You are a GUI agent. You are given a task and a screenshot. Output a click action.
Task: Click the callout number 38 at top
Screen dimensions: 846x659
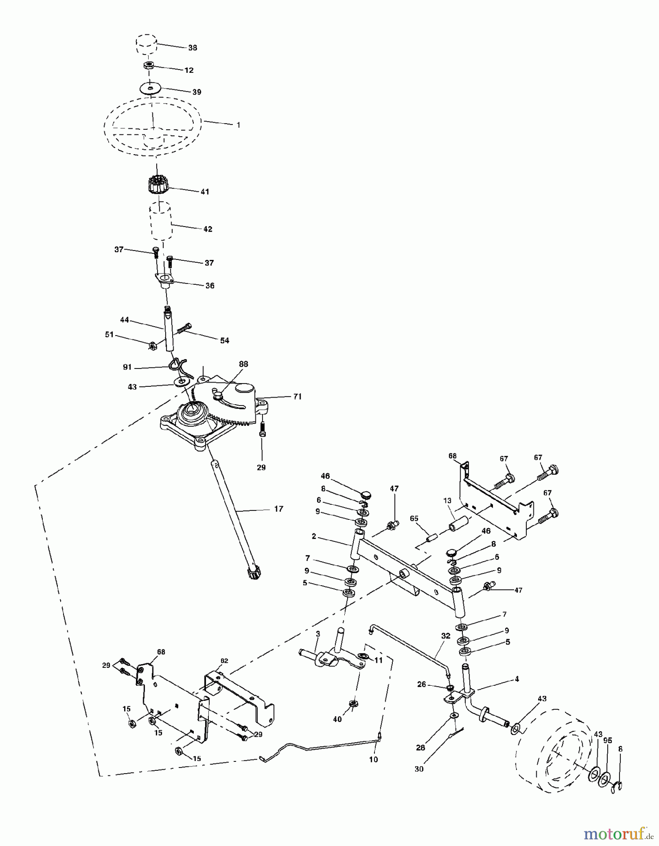click(192, 47)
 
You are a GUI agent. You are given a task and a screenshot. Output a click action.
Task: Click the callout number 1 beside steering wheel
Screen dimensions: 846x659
click(238, 125)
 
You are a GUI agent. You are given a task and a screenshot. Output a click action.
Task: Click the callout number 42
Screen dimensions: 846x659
click(207, 229)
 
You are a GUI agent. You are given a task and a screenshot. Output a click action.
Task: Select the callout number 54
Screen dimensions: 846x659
click(224, 340)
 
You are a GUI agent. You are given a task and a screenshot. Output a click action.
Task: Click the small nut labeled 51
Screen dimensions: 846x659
click(152, 346)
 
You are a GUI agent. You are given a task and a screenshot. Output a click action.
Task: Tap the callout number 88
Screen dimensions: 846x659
click(243, 364)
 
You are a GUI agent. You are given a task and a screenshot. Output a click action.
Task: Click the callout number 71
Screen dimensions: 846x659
click(297, 396)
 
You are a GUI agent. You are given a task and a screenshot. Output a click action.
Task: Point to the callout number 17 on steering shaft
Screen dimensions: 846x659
click(278, 509)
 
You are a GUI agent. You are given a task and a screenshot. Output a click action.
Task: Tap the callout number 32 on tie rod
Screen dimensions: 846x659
click(445, 635)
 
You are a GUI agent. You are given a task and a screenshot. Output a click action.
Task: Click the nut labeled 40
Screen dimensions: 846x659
click(352, 703)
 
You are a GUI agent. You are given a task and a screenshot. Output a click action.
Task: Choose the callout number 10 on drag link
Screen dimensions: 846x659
click(373, 759)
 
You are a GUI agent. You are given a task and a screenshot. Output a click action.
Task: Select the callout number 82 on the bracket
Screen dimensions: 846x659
click(224, 660)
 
